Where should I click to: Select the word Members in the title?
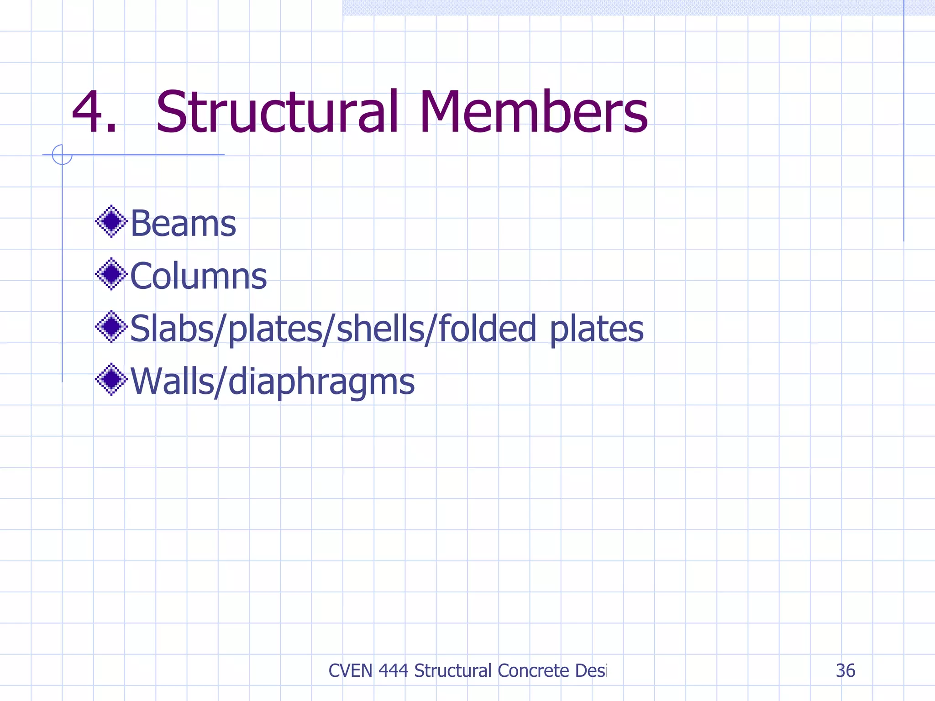tap(533, 112)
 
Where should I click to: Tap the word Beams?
tap(183, 224)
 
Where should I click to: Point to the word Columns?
tap(198, 276)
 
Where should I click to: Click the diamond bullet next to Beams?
tap(111, 222)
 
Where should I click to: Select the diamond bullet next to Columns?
tap(111, 274)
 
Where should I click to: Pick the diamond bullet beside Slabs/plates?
tap(111, 327)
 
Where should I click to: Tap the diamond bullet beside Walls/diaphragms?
tap(111, 379)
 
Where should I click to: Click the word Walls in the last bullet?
tap(172, 381)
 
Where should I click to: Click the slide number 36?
tap(845, 671)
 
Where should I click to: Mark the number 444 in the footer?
tap(394, 671)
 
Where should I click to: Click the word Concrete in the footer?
tap(533, 671)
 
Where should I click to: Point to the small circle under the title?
tap(62, 155)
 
